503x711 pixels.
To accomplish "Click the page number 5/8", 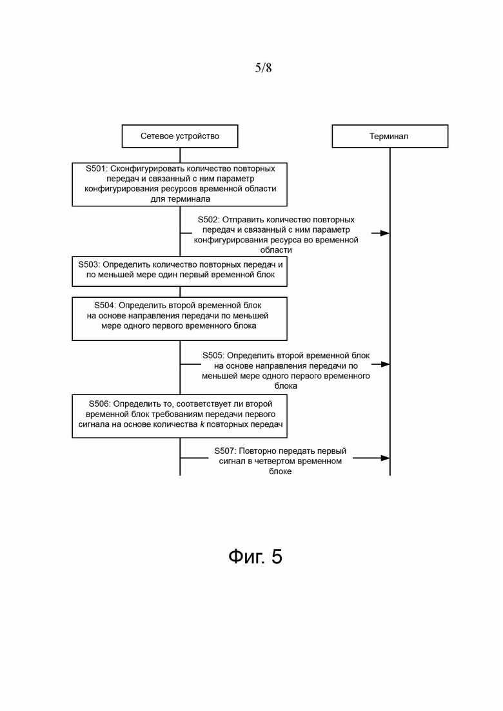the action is point(263,68).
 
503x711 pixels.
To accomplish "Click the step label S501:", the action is point(97,169).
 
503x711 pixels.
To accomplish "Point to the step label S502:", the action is point(209,220).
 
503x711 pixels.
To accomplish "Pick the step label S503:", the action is point(89,265).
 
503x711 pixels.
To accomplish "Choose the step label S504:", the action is point(105,306).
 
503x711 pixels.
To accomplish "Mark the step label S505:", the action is point(213,356).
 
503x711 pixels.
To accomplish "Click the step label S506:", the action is point(100,404).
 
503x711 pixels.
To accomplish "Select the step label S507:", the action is point(226,451).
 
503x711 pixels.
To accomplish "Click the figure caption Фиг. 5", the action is point(255,556).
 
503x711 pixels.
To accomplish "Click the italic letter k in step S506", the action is point(202,424).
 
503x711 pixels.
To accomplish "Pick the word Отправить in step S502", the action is point(244,220).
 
